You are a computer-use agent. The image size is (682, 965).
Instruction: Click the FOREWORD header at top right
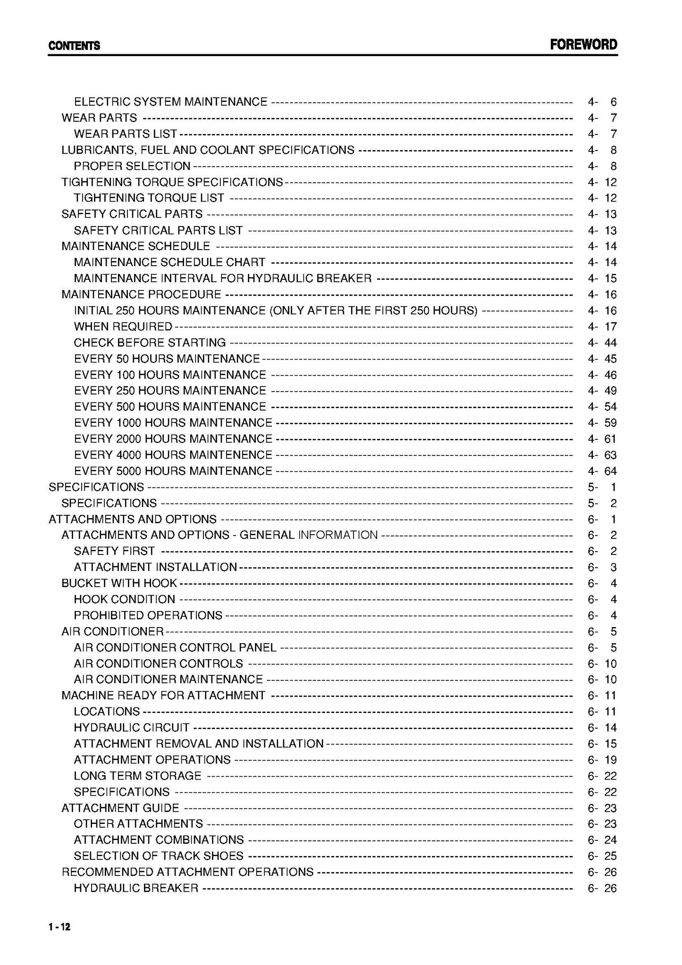click(x=583, y=45)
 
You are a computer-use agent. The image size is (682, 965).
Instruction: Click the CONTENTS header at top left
click(x=74, y=46)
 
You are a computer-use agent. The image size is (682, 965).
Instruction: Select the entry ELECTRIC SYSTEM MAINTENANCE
click(x=170, y=102)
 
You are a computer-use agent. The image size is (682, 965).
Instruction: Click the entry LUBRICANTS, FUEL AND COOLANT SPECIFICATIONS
click(x=208, y=150)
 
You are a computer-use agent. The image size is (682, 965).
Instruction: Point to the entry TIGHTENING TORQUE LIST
click(x=149, y=198)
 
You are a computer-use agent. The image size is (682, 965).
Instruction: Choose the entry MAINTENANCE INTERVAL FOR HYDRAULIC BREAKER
click(x=222, y=278)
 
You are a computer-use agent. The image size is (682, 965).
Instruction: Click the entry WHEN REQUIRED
click(x=123, y=327)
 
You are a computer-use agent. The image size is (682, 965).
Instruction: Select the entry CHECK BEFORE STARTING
click(x=150, y=343)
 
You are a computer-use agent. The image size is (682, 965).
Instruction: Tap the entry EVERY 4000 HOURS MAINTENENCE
click(x=173, y=455)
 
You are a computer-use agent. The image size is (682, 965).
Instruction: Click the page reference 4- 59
click(x=602, y=423)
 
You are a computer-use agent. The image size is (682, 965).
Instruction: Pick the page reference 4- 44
click(x=602, y=343)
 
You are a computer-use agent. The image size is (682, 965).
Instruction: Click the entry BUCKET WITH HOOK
click(x=119, y=583)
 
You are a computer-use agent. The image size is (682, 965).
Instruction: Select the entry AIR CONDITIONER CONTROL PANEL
click(x=175, y=647)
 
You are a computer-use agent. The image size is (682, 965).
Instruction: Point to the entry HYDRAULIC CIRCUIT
click(x=131, y=728)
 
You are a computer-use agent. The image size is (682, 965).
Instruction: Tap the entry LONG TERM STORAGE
click(x=137, y=776)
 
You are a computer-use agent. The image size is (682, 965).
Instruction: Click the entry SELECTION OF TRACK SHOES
click(x=159, y=856)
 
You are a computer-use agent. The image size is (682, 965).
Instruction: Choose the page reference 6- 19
click(x=602, y=760)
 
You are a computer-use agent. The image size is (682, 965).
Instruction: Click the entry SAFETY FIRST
click(x=114, y=551)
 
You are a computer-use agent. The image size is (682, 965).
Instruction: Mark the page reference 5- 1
click(x=602, y=487)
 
